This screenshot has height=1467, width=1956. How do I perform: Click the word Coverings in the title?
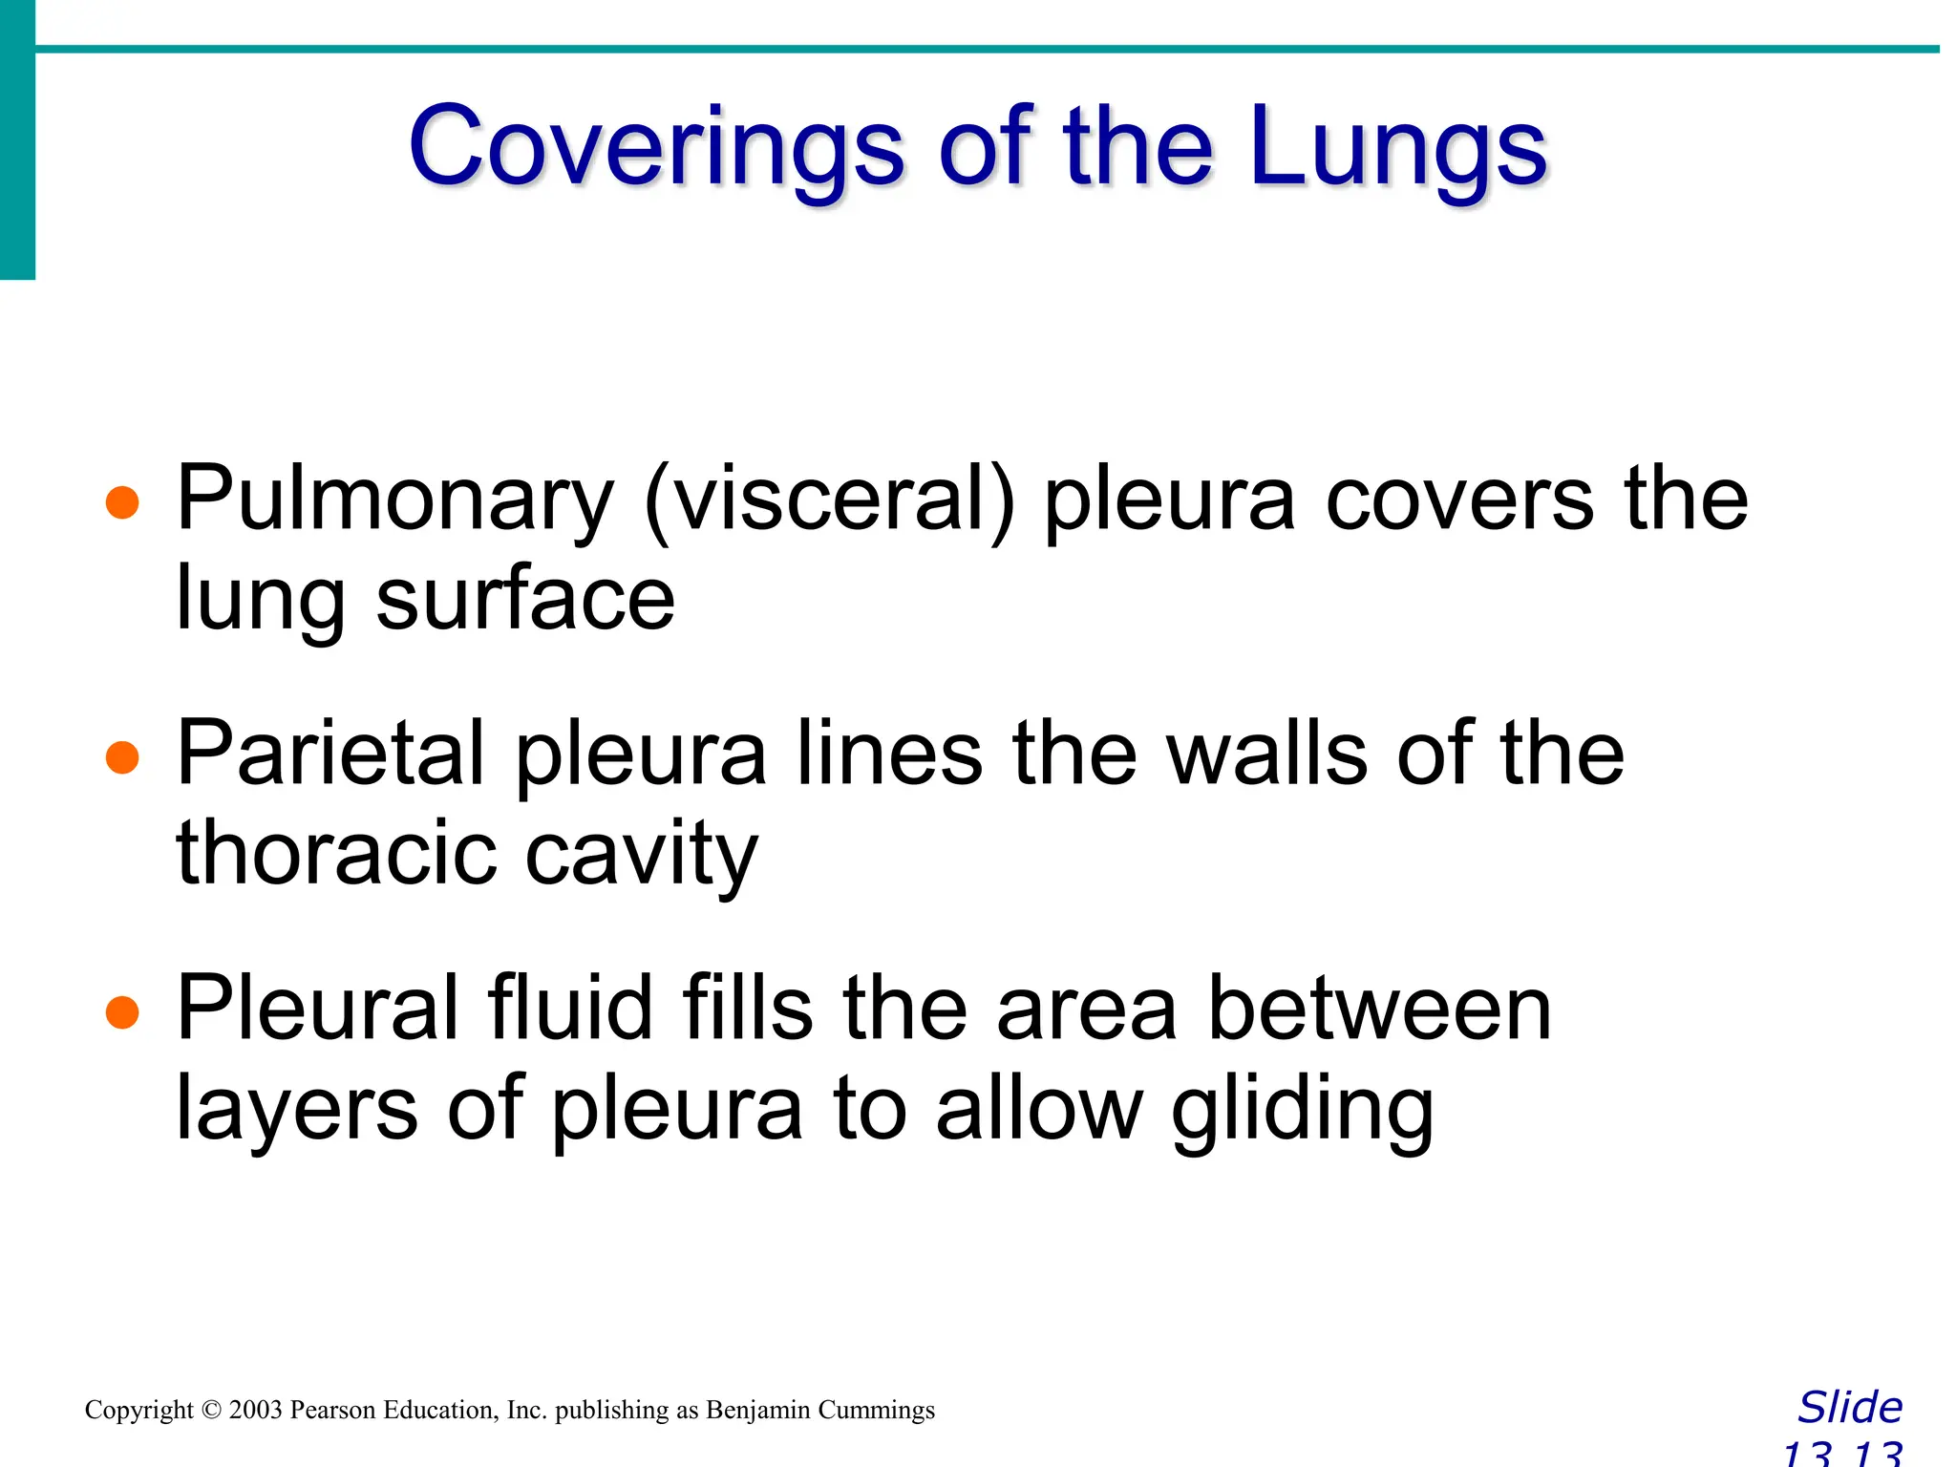(656, 148)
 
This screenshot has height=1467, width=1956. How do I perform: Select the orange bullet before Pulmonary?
(122, 501)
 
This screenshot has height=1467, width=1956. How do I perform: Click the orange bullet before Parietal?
(122, 757)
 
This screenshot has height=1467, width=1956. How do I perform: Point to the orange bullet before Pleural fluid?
(122, 1012)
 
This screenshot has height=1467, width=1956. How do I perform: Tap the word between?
(1379, 1010)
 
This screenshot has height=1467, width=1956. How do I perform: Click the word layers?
(297, 1111)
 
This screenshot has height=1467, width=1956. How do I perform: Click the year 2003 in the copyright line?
(256, 1411)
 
